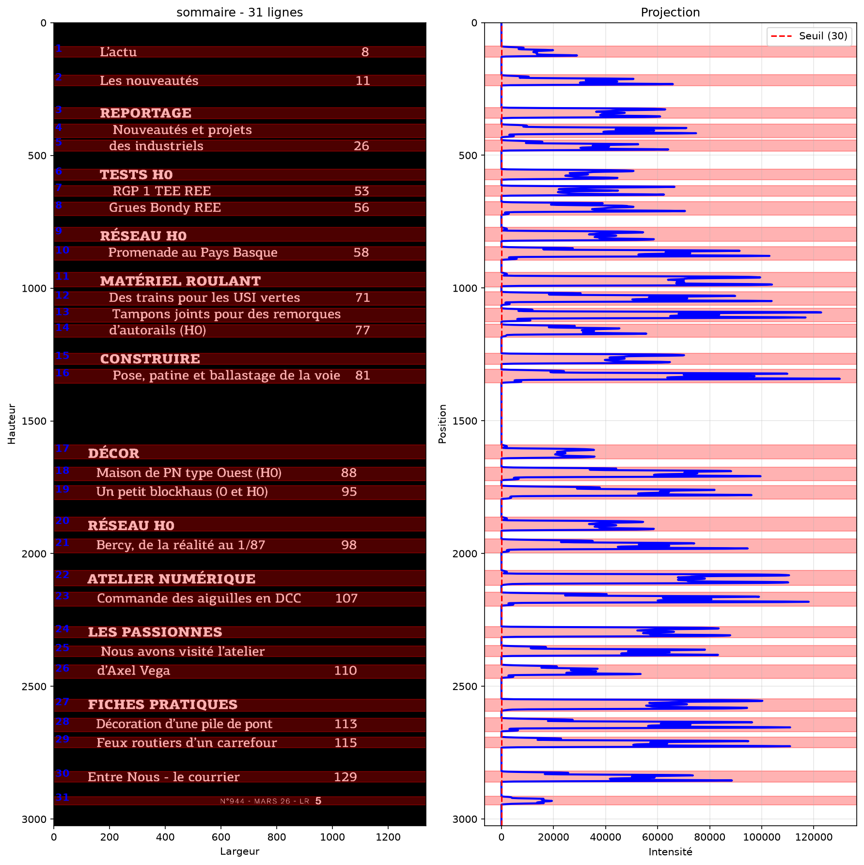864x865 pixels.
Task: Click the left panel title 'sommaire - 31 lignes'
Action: pyautogui.click(x=239, y=12)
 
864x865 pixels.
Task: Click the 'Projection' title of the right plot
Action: pyautogui.click(x=670, y=12)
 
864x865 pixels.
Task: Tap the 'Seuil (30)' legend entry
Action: pyautogui.click(x=823, y=36)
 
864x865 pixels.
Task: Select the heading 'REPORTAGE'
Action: pyautogui.click(x=145, y=113)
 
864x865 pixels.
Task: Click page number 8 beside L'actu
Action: pyautogui.click(x=365, y=52)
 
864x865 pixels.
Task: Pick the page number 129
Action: pyautogui.click(x=346, y=777)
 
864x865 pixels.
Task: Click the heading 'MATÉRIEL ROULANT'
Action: pyautogui.click(x=180, y=281)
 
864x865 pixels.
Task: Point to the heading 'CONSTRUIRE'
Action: pyautogui.click(x=150, y=359)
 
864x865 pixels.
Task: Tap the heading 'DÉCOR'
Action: pyautogui.click(x=113, y=453)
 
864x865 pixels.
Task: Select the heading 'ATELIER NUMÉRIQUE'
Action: pyautogui.click(x=172, y=579)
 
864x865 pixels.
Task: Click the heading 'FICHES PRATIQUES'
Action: pyautogui.click(x=163, y=705)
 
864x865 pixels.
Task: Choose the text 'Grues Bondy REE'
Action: pyautogui.click(x=165, y=207)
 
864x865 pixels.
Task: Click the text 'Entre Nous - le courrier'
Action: pyautogui.click(x=164, y=777)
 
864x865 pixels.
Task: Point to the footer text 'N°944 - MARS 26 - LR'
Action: pyautogui.click(x=265, y=801)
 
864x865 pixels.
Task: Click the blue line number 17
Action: pyautogui.click(x=62, y=448)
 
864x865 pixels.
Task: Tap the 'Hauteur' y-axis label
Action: pyautogui.click(x=12, y=424)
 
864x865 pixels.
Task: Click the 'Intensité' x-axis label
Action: pyautogui.click(x=670, y=851)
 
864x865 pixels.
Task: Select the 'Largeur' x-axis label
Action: pyautogui.click(x=239, y=851)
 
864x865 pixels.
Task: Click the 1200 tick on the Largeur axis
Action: pyautogui.click(x=388, y=837)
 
